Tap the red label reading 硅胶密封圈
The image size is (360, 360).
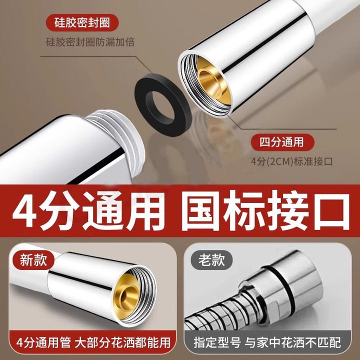tap(82, 22)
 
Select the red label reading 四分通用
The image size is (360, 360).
tap(282, 142)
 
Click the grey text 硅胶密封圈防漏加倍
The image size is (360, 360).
tap(90, 42)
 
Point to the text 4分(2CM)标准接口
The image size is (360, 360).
tap(291, 161)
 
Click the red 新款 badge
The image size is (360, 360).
tap(33, 260)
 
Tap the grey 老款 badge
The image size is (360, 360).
tap(211, 260)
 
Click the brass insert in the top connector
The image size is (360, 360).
tap(212, 80)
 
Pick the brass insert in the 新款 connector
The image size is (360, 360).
tap(129, 296)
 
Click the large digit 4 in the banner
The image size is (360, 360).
tap(25, 210)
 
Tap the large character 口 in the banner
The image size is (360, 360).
tap(331, 211)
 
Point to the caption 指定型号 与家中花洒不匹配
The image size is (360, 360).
tap(267, 342)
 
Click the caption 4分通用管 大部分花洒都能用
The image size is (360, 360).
tap(93, 342)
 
